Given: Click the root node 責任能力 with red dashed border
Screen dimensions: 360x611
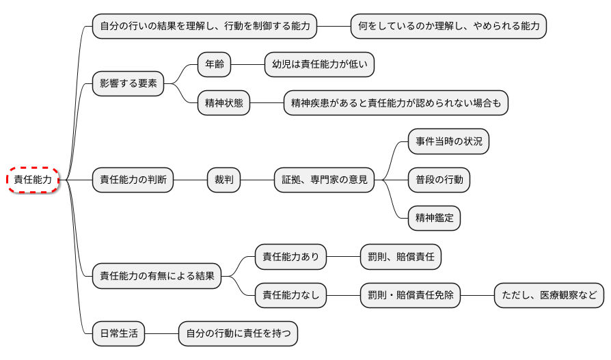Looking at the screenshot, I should pos(33,180).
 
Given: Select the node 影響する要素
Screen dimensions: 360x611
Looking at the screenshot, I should pos(128,84).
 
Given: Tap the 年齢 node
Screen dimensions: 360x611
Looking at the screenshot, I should pos(214,65).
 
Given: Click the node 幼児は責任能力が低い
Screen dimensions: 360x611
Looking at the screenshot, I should pos(319,65).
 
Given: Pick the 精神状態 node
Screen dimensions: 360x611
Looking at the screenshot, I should pos(223,104).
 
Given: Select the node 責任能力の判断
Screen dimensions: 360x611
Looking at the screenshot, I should pos(133,180).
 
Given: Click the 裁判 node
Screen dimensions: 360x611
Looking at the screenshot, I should pos(223,180).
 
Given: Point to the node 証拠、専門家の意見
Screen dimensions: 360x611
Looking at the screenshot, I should pos(325,180).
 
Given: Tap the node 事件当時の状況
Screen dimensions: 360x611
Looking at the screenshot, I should pos(448,141).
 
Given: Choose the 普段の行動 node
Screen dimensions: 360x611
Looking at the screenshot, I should pos(439,180).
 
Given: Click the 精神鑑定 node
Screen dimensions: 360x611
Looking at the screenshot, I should pos(434,219).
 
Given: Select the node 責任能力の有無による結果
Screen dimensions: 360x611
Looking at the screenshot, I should pos(157,277).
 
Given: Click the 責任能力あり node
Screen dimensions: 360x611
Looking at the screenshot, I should pos(291,258).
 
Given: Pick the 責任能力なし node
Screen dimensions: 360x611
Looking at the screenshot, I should pos(291,296).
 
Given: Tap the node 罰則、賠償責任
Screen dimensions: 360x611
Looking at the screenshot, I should pos(400,258).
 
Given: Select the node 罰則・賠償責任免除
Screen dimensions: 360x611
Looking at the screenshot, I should pos(410,296).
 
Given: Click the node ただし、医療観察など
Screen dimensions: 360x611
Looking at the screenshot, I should pos(549,296).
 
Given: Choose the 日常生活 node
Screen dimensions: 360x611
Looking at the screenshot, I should pos(119,334).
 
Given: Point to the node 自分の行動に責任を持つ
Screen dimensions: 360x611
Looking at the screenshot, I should pos(238,334).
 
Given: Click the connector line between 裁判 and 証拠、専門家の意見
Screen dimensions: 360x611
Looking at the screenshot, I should pos(257,180).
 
